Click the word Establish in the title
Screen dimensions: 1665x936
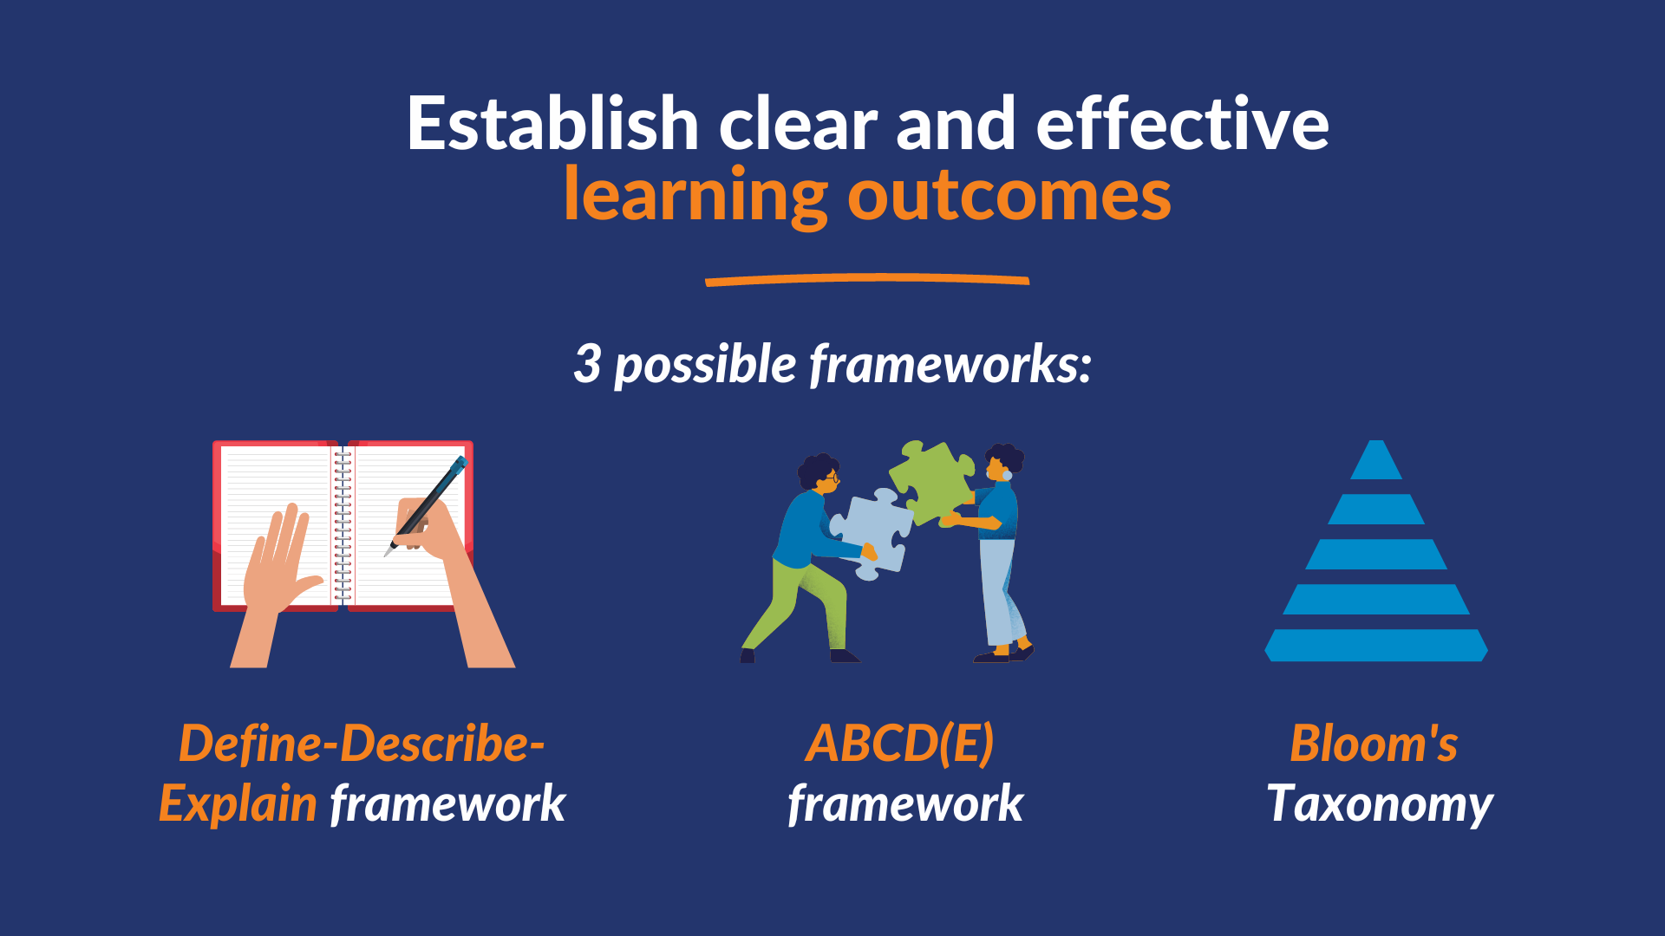pyautogui.click(x=553, y=123)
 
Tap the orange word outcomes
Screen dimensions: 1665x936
pyautogui.click(x=1009, y=197)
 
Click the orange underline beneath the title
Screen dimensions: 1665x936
pyautogui.click(x=867, y=279)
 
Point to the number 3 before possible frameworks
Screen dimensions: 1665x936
pyautogui.click(x=587, y=364)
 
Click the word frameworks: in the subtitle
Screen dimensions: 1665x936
pyautogui.click(x=950, y=364)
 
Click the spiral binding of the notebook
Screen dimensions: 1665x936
pyautogui.click(x=343, y=524)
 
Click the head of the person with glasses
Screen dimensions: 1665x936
pyautogui.click(x=819, y=473)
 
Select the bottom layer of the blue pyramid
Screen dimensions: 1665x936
pyautogui.click(x=1376, y=646)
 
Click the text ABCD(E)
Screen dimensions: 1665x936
pyautogui.click(x=899, y=744)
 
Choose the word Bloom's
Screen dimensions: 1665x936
pyautogui.click(x=1374, y=744)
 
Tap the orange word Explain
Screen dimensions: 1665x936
pyautogui.click(x=238, y=804)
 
